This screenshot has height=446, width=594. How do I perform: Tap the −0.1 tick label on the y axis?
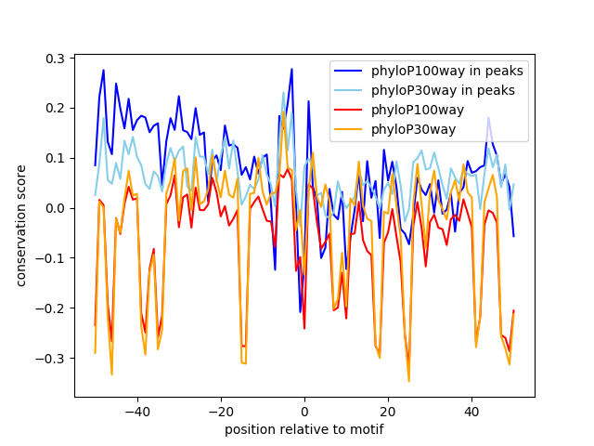[x=52, y=258]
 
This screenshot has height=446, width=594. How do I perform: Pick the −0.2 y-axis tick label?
[x=52, y=308]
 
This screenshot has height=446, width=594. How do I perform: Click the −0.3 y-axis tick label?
[x=52, y=359]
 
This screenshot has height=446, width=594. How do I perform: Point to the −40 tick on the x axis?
[x=137, y=411]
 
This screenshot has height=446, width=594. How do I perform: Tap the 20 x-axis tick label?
[x=388, y=411]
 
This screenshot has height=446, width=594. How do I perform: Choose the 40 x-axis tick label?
[x=471, y=411]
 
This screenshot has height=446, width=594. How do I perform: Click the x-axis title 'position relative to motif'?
[x=304, y=429]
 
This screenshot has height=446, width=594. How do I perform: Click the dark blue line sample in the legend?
[x=355, y=71]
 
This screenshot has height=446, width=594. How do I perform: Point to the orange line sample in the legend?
[x=355, y=129]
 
